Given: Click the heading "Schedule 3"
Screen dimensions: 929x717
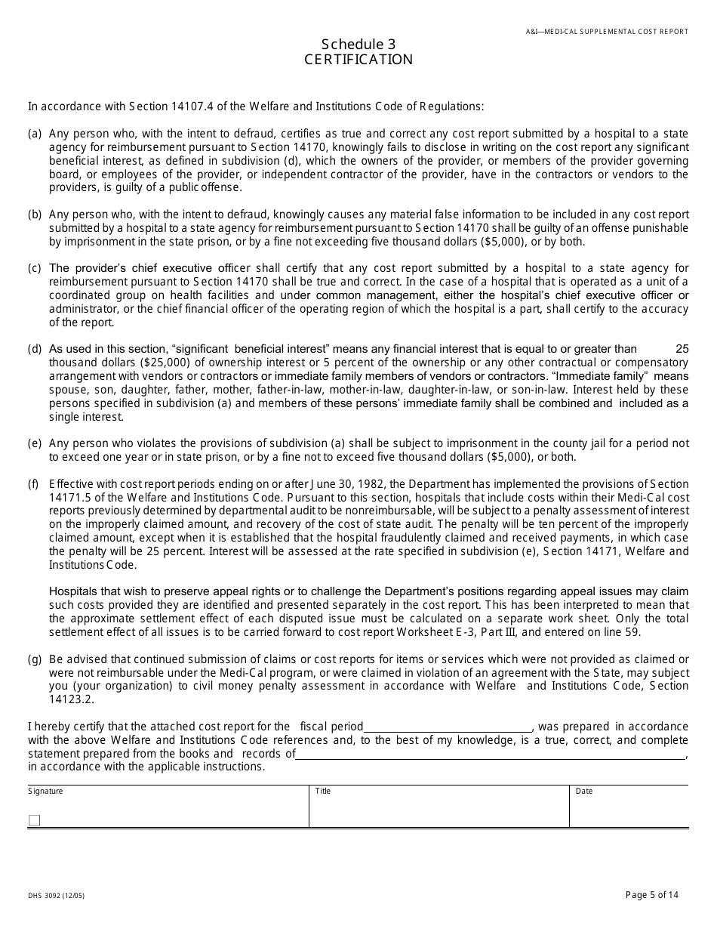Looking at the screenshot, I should point(358,44).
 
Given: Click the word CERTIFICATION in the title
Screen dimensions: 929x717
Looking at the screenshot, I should point(358,60).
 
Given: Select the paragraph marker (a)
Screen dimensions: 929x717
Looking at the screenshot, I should point(35,134).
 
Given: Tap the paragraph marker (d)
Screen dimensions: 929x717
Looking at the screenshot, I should point(35,349).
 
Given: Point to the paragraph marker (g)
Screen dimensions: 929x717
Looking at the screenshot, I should point(35,659).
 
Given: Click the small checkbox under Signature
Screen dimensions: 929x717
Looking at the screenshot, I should point(34,820).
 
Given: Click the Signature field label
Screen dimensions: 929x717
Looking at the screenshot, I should point(45,792).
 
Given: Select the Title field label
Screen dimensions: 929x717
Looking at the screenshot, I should point(323,792).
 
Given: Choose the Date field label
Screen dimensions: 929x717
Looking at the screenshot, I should point(584,792).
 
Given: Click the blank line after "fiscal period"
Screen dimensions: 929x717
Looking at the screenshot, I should point(448,727).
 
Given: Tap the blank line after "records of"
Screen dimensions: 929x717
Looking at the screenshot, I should point(490,754).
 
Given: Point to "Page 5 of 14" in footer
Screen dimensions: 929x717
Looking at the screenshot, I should point(652,895).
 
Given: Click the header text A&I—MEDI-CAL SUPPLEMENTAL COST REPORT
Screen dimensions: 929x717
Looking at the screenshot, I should point(607,32).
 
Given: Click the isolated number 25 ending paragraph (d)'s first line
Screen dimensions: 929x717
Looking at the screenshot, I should point(682,349).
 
